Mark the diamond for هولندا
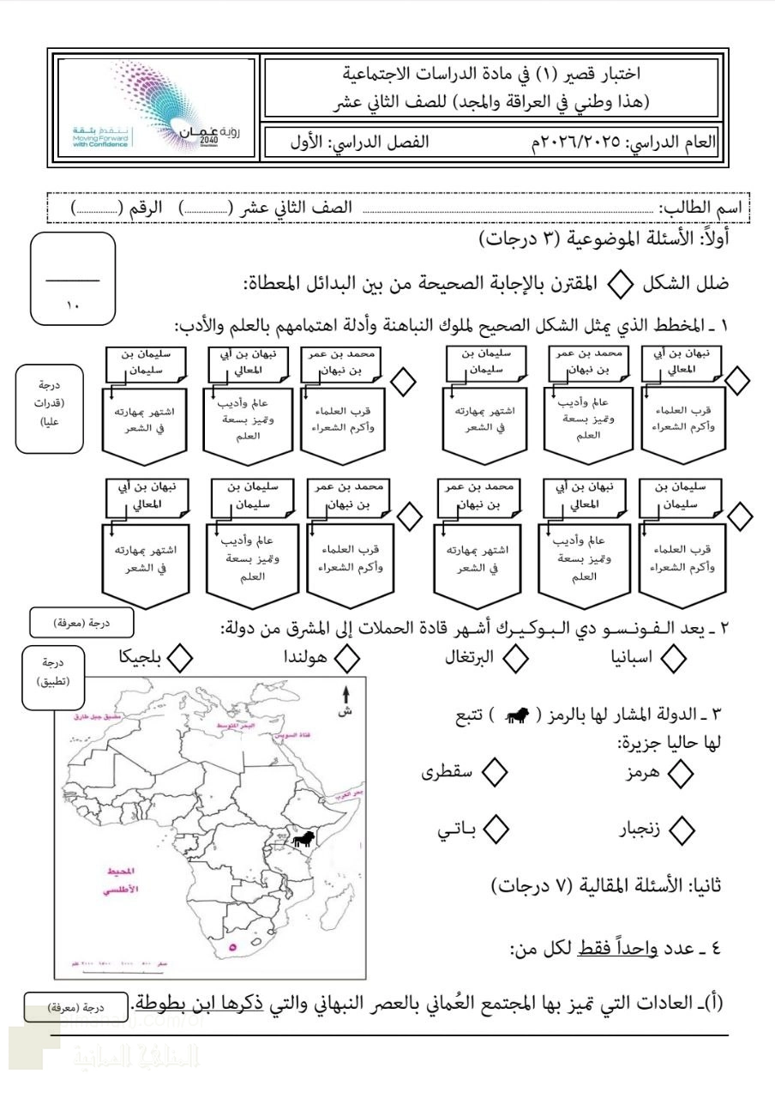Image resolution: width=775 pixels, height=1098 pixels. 345,658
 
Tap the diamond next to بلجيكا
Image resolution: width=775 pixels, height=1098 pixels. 179,658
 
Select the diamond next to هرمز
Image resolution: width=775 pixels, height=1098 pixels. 682,773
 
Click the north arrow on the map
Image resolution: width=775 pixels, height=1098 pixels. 345,699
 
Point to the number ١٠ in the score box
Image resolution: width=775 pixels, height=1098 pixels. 72,302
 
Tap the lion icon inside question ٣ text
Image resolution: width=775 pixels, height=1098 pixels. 514,714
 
